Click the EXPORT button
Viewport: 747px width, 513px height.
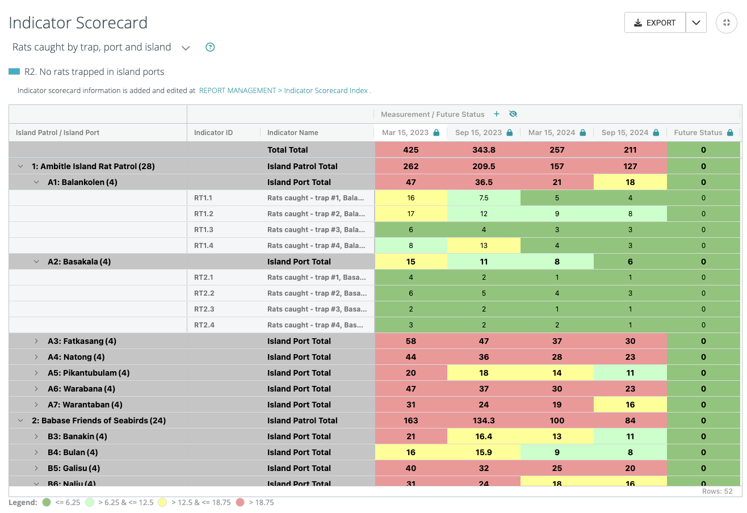tap(654, 23)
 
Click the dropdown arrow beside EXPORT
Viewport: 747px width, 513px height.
tap(696, 23)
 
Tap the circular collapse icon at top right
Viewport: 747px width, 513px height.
tap(726, 23)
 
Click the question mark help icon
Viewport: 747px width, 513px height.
tap(210, 47)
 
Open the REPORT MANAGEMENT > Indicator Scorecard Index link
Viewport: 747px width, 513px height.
tap(283, 90)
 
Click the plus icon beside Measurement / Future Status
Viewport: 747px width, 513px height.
tap(496, 114)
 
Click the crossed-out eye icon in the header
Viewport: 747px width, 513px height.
tap(513, 114)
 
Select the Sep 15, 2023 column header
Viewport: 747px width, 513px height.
tap(479, 133)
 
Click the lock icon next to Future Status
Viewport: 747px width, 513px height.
tap(729, 133)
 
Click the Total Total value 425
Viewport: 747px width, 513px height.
tap(410, 150)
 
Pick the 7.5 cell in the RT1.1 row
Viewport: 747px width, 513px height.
tap(484, 198)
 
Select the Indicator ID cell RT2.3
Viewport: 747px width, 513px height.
tap(204, 309)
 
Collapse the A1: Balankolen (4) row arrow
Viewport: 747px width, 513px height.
tap(36, 182)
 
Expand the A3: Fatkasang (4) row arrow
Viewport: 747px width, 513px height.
tap(36, 341)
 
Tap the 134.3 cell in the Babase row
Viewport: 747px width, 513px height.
tap(484, 421)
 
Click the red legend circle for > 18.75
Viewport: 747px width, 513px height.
tap(240, 502)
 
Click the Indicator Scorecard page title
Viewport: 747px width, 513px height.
tap(78, 23)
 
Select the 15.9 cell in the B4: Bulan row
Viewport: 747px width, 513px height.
tap(484, 452)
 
